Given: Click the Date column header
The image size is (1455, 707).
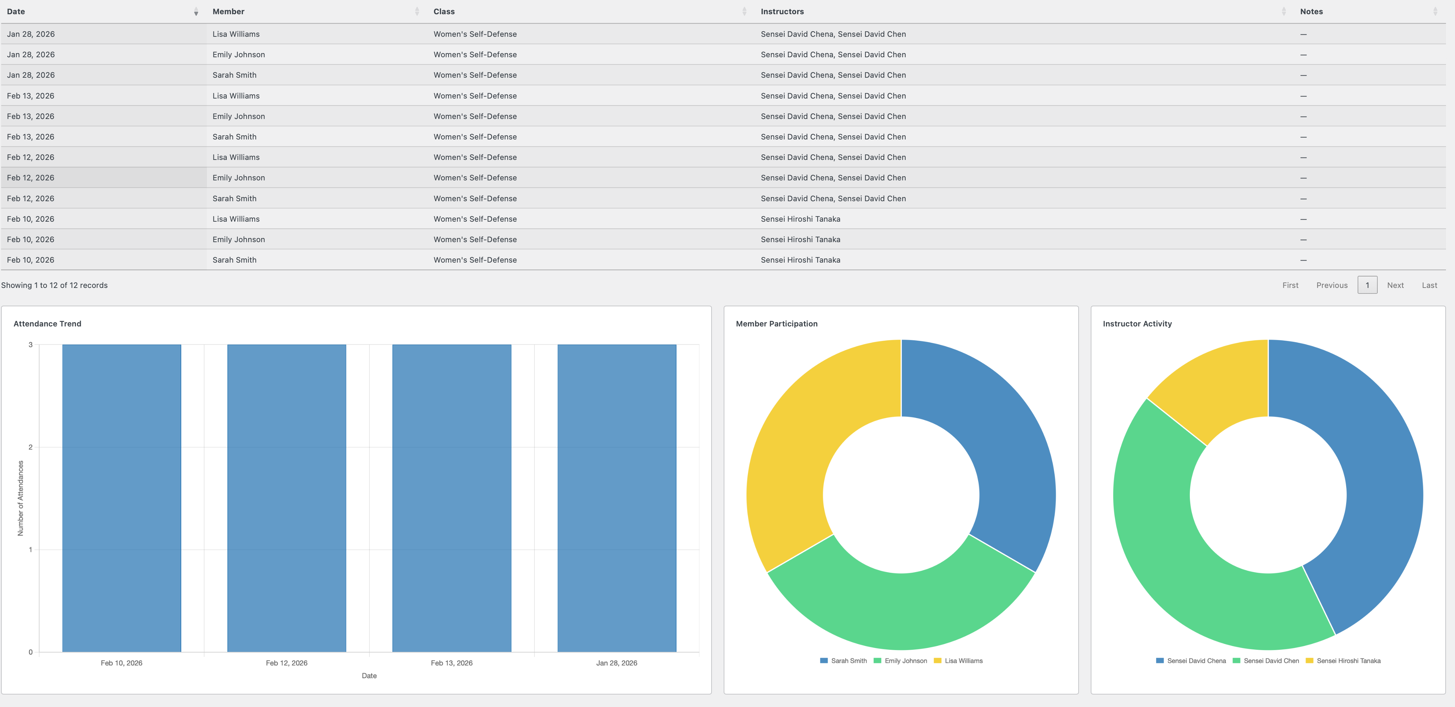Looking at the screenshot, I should (x=16, y=11).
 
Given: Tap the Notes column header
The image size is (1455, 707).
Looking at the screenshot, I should (x=1311, y=11).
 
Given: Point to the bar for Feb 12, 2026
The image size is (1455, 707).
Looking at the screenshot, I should (x=286, y=497).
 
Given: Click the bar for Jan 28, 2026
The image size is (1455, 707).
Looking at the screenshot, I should (x=616, y=497).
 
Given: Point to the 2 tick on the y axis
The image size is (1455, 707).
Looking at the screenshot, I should (x=31, y=447).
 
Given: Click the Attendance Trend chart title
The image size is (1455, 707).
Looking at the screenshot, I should (x=47, y=324).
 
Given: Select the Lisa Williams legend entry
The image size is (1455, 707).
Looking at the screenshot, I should (x=963, y=661).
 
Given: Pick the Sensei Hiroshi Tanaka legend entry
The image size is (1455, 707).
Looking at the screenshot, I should (x=1348, y=661).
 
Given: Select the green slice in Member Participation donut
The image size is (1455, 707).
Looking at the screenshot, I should (x=900, y=610).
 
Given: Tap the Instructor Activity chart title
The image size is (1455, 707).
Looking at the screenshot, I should (x=1137, y=324).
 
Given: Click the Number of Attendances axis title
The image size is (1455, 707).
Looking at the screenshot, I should (x=21, y=498).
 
